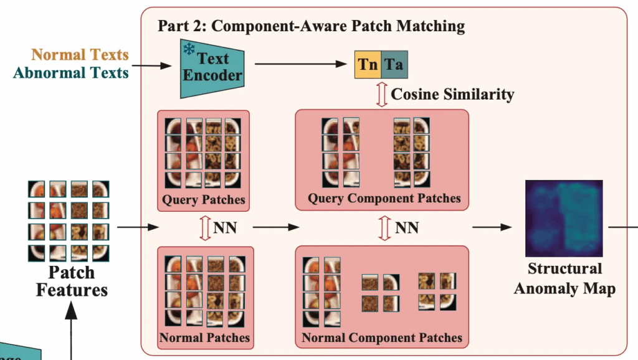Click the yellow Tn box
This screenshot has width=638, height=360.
click(x=368, y=65)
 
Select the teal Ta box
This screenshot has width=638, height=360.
click(x=394, y=65)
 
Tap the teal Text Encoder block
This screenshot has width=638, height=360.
click(x=212, y=69)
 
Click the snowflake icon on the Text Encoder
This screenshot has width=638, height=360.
click(x=188, y=49)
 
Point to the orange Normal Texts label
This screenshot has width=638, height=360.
click(x=80, y=55)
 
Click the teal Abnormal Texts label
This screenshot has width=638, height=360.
click(x=71, y=73)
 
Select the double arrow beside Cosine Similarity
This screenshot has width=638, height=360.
click(x=381, y=95)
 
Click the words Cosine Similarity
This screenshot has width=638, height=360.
click(x=452, y=95)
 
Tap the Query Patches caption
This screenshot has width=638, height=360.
click(x=204, y=200)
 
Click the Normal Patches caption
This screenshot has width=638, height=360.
click(x=204, y=338)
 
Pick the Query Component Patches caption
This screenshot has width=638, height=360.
click(x=384, y=199)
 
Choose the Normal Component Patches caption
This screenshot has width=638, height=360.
click(x=382, y=338)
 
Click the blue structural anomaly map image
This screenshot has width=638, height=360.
click(x=564, y=219)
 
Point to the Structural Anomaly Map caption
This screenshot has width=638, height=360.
click(x=564, y=278)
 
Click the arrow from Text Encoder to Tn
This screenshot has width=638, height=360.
click(x=301, y=64)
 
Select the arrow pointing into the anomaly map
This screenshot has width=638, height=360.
click(x=492, y=227)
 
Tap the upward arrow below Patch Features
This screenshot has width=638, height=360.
click(x=71, y=330)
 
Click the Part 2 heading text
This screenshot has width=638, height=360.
click(x=312, y=26)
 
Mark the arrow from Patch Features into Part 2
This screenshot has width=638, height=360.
click(x=138, y=227)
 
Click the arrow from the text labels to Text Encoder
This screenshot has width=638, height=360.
click(x=152, y=65)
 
